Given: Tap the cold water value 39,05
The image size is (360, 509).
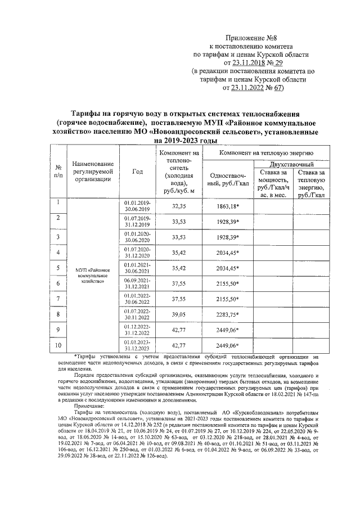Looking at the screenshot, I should (177, 314).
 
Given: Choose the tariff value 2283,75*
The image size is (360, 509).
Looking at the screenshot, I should (227, 314).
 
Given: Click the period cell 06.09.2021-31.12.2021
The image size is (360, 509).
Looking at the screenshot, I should (137, 283).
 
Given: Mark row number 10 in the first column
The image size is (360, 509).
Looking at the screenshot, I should (58, 344).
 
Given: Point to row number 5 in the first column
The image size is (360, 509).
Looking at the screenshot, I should (58, 268).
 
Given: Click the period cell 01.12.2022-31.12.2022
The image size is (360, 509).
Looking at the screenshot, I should (137, 329).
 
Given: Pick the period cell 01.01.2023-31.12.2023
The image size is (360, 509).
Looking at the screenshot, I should (137, 344).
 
